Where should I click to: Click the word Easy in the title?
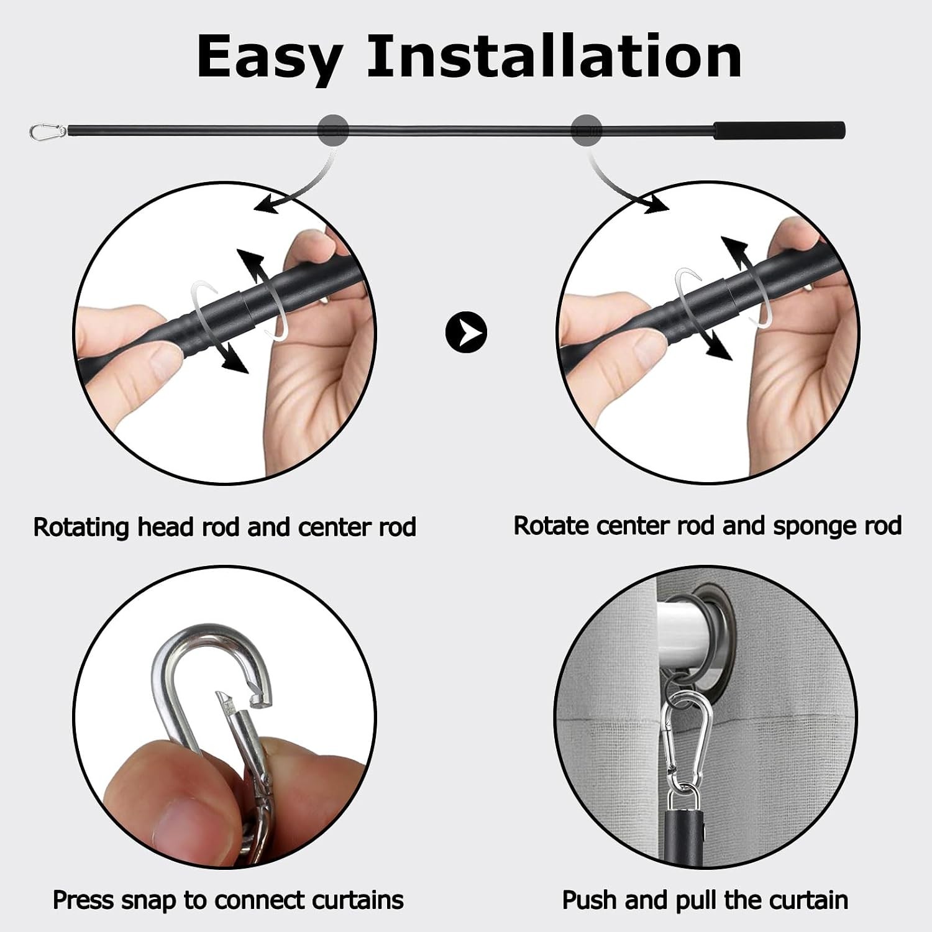click(269, 58)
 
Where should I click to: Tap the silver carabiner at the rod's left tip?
click(48, 131)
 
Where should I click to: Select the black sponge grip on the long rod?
click(779, 131)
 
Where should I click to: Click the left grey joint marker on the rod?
click(333, 130)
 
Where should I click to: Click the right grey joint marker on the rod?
click(587, 130)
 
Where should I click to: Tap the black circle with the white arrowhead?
click(466, 332)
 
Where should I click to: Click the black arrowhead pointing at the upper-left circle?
click(267, 204)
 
